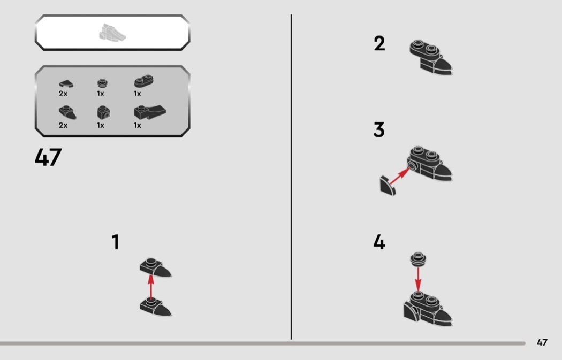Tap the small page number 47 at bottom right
pyautogui.click(x=542, y=342)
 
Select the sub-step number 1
pyautogui.click(x=116, y=242)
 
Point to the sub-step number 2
pyautogui.click(x=379, y=43)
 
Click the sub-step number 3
pyautogui.click(x=379, y=129)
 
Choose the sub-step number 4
pyautogui.click(x=379, y=242)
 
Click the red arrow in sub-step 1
pyautogui.click(x=151, y=287)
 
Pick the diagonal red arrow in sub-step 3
pyautogui.click(x=400, y=176)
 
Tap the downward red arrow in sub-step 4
pyautogui.click(x=418, y=280)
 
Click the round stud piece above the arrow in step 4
pyautogui.click(x=418, y=259)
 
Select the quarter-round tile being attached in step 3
pyautogui.click(x=388, y=186)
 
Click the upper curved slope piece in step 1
pyautogui.click(x=156, y=267)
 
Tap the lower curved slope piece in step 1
pyautogui.click(x=156, y=307)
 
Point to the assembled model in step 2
pyautogui.click(x=430, y=57)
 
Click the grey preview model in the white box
pyautogui.click(x=112, y=33)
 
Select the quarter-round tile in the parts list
pyautogui.click(x=66, y=84)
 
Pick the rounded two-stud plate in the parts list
pyautogui.click(x=144, y=81)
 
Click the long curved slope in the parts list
pyautogui.click(x=150, y=112)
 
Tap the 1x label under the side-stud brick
pyautogui.click(x=101, y=125)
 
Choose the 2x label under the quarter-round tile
pyautogui.click(x=63, y=94)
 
